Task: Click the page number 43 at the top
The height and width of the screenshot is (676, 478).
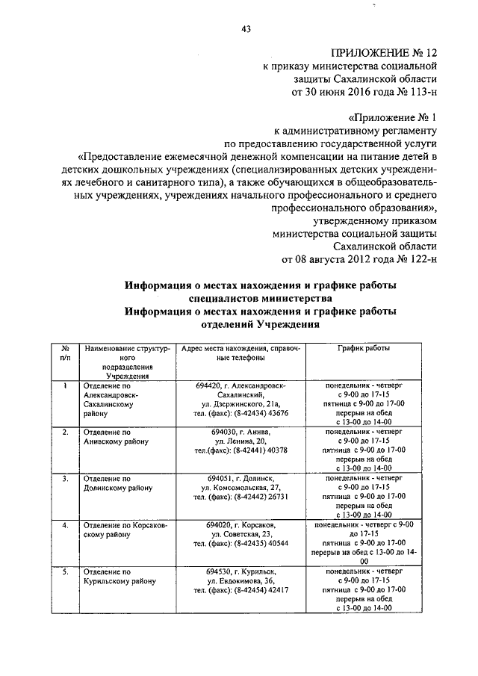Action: point(245,29)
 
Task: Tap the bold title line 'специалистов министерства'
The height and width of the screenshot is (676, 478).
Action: point(260,299)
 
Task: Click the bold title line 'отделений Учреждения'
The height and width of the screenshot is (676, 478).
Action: point(260,326)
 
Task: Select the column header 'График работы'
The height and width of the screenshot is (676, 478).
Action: point(363,348)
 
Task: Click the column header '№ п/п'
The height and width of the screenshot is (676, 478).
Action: point(66,353)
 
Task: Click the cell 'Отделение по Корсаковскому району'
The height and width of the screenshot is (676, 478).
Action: point(126,530)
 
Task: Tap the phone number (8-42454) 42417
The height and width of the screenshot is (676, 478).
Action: point(261,589)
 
